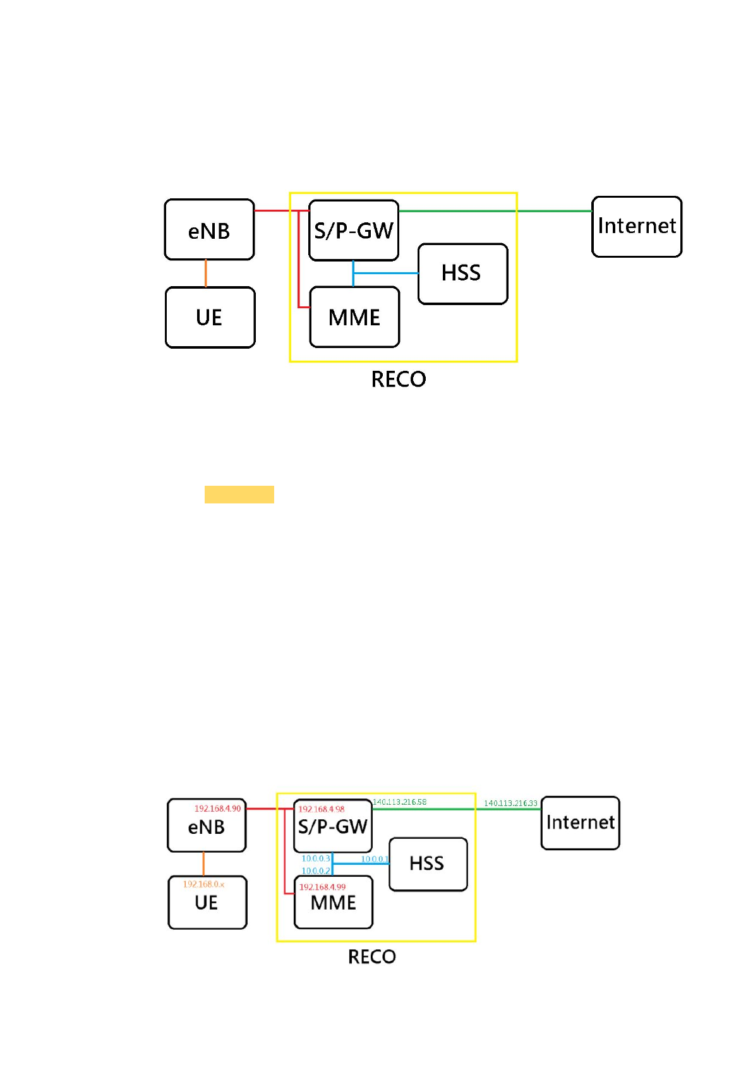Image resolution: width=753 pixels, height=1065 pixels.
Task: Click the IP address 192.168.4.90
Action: point(217,809)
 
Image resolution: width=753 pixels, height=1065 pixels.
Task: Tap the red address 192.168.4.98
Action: point(322,809)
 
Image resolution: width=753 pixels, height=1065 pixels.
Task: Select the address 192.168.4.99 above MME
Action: point(322,887)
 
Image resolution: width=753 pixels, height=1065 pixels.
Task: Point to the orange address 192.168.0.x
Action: point(203,884)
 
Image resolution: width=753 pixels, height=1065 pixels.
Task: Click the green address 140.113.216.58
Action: point(399,802)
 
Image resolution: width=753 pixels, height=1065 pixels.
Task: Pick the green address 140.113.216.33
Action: point(510,803)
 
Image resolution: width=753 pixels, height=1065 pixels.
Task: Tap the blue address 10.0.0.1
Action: point(375,859)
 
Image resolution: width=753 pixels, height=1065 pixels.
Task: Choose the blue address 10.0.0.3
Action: point(315,858)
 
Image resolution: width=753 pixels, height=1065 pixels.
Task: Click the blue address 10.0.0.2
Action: point(315,870)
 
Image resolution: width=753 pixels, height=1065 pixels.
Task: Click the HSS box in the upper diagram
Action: point(462,274)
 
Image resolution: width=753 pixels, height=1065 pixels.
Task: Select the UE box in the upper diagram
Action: point(210,317)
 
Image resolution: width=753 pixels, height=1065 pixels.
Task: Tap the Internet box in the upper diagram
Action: point(637,226)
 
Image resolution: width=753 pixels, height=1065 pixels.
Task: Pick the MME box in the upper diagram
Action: point(354,317)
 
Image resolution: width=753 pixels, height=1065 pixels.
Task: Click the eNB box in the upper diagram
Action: point(209,230)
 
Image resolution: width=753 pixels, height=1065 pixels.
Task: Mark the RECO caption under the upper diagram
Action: point(399,379)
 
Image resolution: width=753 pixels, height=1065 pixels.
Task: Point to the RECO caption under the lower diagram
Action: point(372,956)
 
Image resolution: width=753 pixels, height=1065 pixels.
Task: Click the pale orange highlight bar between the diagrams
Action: point(239,494)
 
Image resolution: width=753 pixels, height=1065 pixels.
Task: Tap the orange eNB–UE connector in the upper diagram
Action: point(205,274)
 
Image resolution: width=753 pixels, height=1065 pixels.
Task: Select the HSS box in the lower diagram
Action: point(428,863)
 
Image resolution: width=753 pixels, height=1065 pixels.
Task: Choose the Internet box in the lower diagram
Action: point(580,822)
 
